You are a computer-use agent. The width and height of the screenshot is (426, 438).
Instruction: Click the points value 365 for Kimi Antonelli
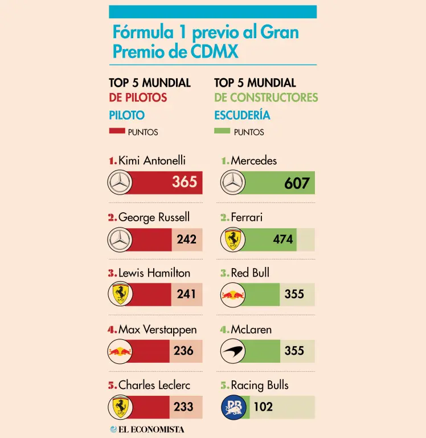(185, 181)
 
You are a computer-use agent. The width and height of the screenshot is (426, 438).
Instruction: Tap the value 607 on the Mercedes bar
(297, 183)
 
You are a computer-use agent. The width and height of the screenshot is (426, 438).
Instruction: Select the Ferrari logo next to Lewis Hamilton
(120, 294)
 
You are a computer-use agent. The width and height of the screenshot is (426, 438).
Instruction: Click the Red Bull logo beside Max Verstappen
(120, 351)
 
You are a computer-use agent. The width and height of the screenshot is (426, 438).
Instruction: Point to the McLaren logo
(233, 351)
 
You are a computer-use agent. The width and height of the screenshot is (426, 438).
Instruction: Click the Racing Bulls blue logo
(234, 407)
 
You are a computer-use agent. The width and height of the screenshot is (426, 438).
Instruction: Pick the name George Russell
(154, 217)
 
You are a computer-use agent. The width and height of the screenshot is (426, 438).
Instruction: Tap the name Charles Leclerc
(154, 385)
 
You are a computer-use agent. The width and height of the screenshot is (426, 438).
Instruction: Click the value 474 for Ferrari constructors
(283, 239)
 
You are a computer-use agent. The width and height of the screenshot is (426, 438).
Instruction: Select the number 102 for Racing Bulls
(263, 407)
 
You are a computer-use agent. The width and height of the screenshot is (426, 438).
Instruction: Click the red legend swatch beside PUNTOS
(117, 131)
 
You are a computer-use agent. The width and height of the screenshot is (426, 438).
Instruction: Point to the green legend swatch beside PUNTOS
(222, 131)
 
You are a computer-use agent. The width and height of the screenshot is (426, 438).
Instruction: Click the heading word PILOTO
(126, 115)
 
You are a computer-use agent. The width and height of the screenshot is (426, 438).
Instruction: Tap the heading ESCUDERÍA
(242, 115)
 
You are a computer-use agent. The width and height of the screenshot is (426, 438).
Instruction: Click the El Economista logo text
(147, 429)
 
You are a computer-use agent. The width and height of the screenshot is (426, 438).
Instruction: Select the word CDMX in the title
(214, 51)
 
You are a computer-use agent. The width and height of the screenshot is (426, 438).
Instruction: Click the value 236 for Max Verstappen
(183, 351)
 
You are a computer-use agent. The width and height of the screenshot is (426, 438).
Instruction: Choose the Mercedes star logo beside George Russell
(120, 240)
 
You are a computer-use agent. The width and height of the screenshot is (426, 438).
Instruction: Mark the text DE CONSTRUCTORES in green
(266, 98)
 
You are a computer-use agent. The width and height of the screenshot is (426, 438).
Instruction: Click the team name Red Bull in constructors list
(250, 273)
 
